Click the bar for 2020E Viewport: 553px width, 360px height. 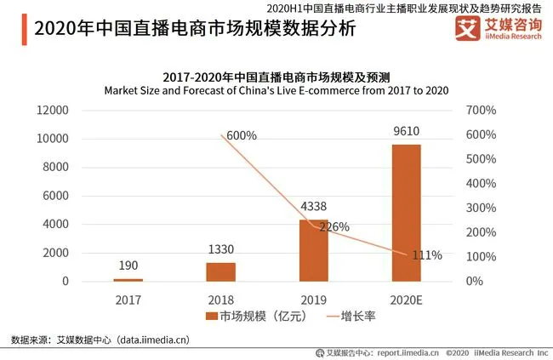point(406,213)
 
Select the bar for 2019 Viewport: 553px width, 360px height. point(313,250)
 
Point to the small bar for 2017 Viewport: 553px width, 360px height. point(128,279)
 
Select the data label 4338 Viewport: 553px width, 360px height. point(313,206)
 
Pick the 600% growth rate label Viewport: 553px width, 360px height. point(241,135)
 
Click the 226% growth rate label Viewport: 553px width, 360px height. point(334,226)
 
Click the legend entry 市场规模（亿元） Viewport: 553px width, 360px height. point(248,317)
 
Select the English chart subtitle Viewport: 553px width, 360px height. point(276,90)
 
